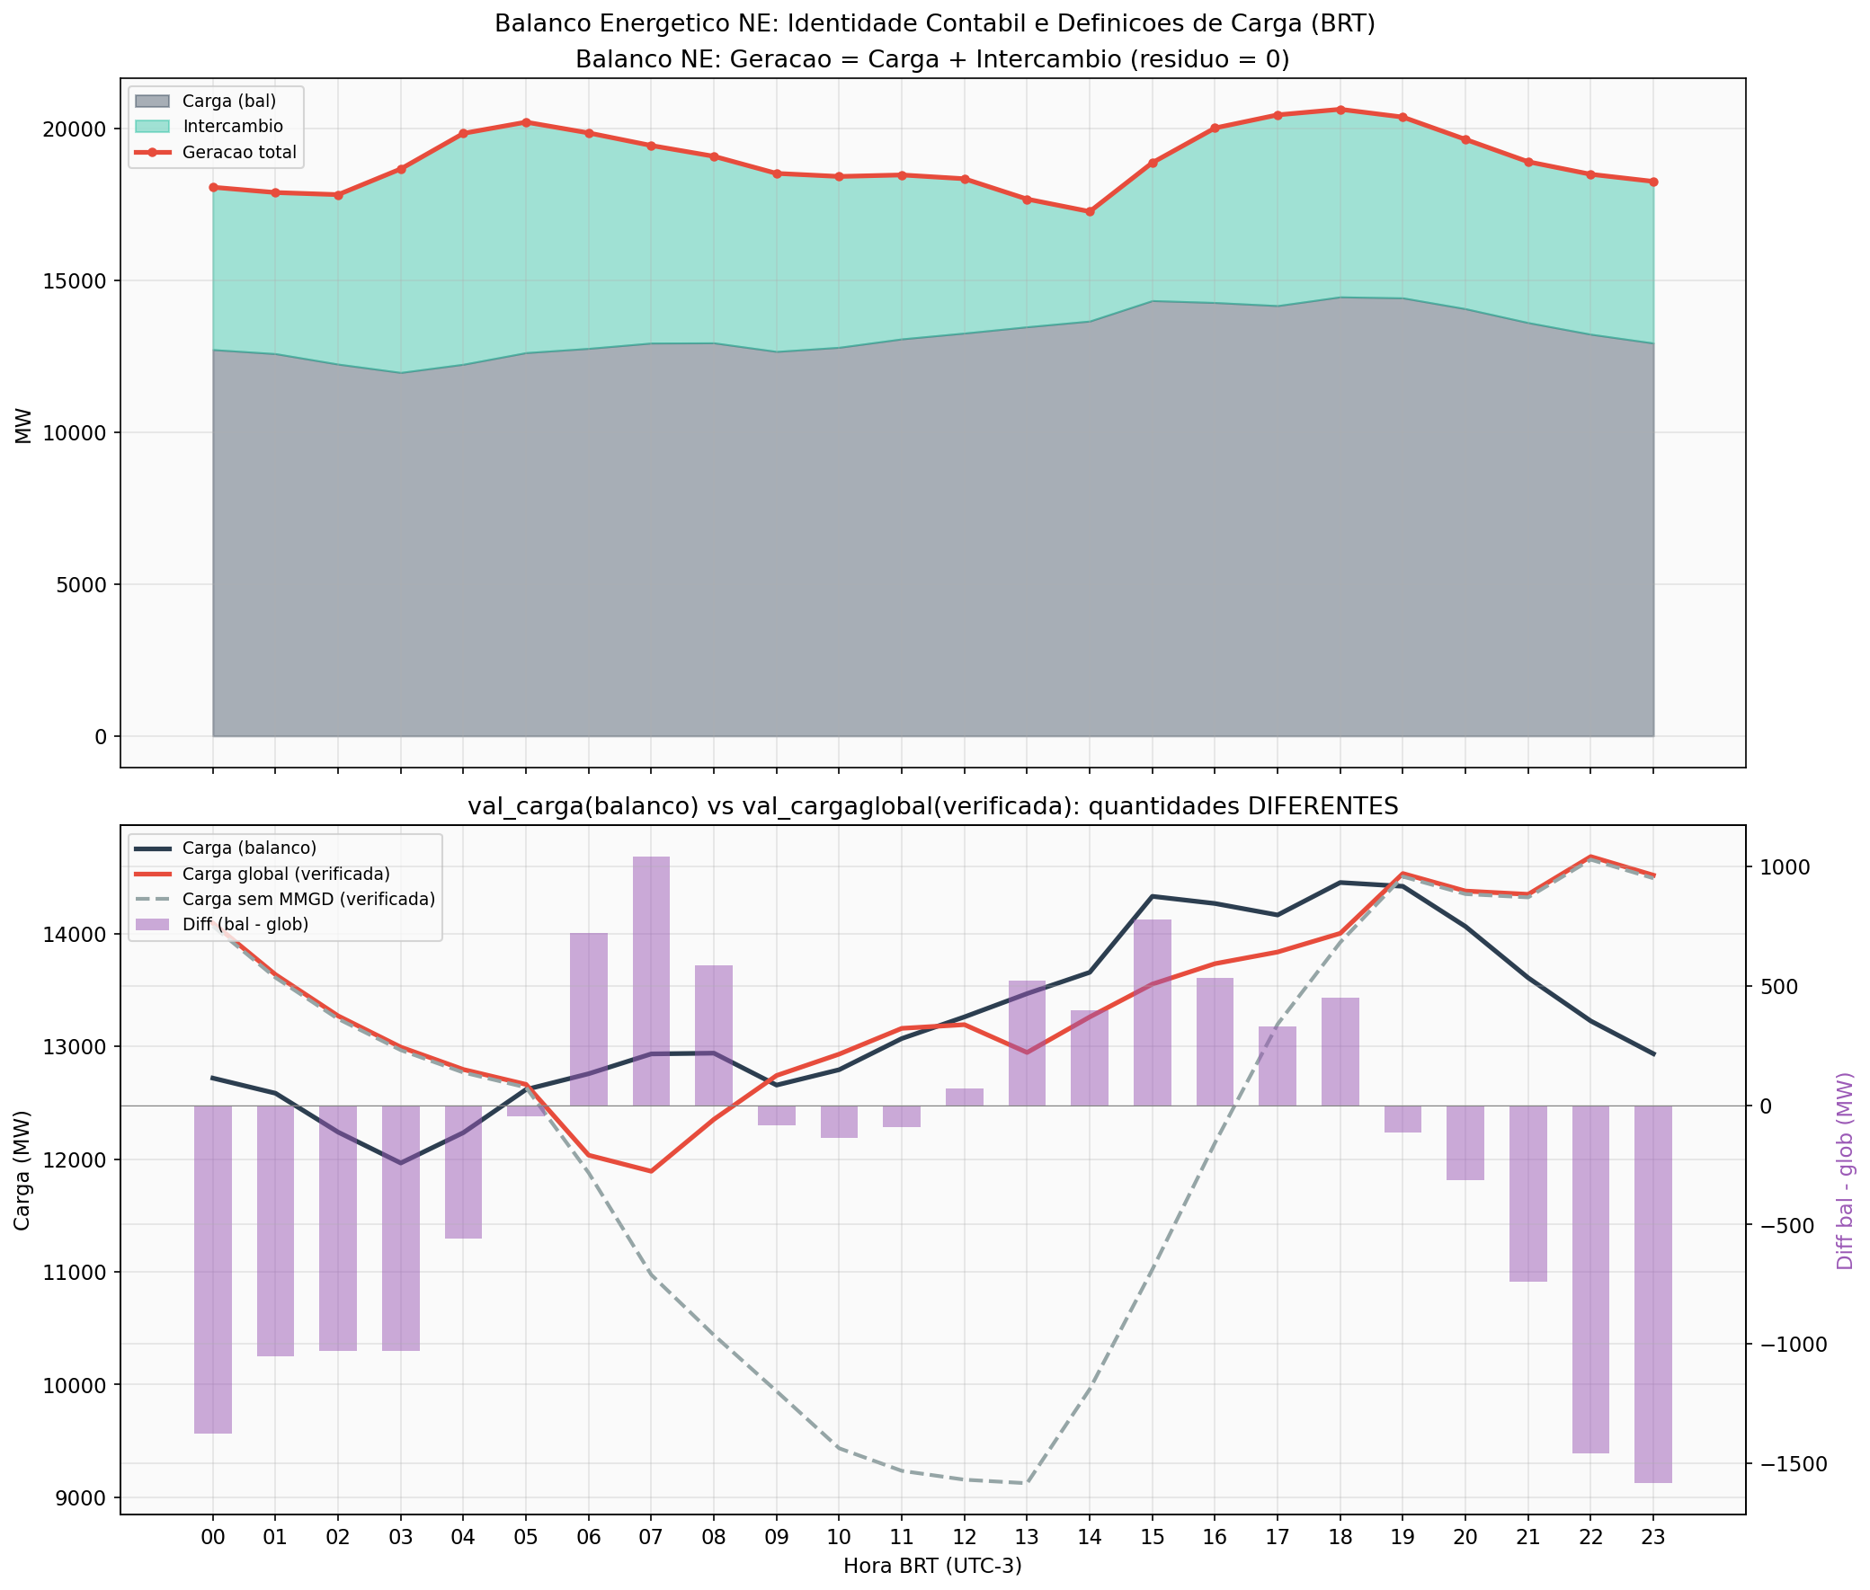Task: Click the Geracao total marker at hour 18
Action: click(1339, 110)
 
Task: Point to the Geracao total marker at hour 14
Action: click(1089, 212)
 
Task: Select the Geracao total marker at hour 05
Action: click(526, 122)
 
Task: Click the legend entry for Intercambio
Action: click(232, 127)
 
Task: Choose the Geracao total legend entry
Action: click(238, 152)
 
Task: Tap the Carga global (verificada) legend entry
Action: click(285, 874)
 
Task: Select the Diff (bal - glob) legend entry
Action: click(245, 924)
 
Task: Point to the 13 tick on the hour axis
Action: click(1026, 1536)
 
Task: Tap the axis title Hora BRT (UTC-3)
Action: click(932, 1567)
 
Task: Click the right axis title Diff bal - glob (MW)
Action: click(1845, 1171)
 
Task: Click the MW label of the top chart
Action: click(23, 425)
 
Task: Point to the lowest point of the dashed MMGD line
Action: click(1026, 1483)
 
